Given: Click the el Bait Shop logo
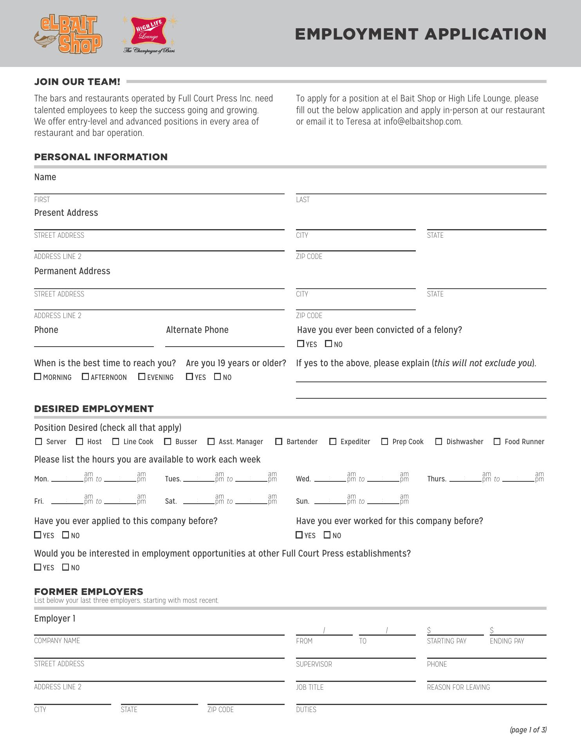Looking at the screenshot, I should coord(68,34).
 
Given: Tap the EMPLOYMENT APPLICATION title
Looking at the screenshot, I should coord(420,34).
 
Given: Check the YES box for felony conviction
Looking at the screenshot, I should coord(300,344).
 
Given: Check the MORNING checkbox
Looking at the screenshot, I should coord(38,377).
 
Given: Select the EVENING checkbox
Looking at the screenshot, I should coord(142,377).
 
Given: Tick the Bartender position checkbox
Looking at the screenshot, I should coord(279,441).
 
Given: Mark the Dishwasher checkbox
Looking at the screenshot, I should coord(439,441).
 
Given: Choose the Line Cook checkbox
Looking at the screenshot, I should coord(115,441).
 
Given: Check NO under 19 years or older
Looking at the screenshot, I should coord(218,377).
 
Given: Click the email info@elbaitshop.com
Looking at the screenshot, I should coord(423,121).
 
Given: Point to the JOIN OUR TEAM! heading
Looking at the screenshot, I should coord(77,82).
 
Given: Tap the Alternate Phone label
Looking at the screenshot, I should coord(197,330).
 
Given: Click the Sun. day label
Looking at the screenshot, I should coord(303,501).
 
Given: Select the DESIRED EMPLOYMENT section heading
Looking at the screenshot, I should coord(94,409).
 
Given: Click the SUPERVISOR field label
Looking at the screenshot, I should coord(314,664).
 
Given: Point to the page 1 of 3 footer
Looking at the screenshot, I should coord(528,730).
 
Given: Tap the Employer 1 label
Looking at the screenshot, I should coord(55,618).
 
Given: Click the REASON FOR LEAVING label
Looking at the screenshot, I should coord(458,687).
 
